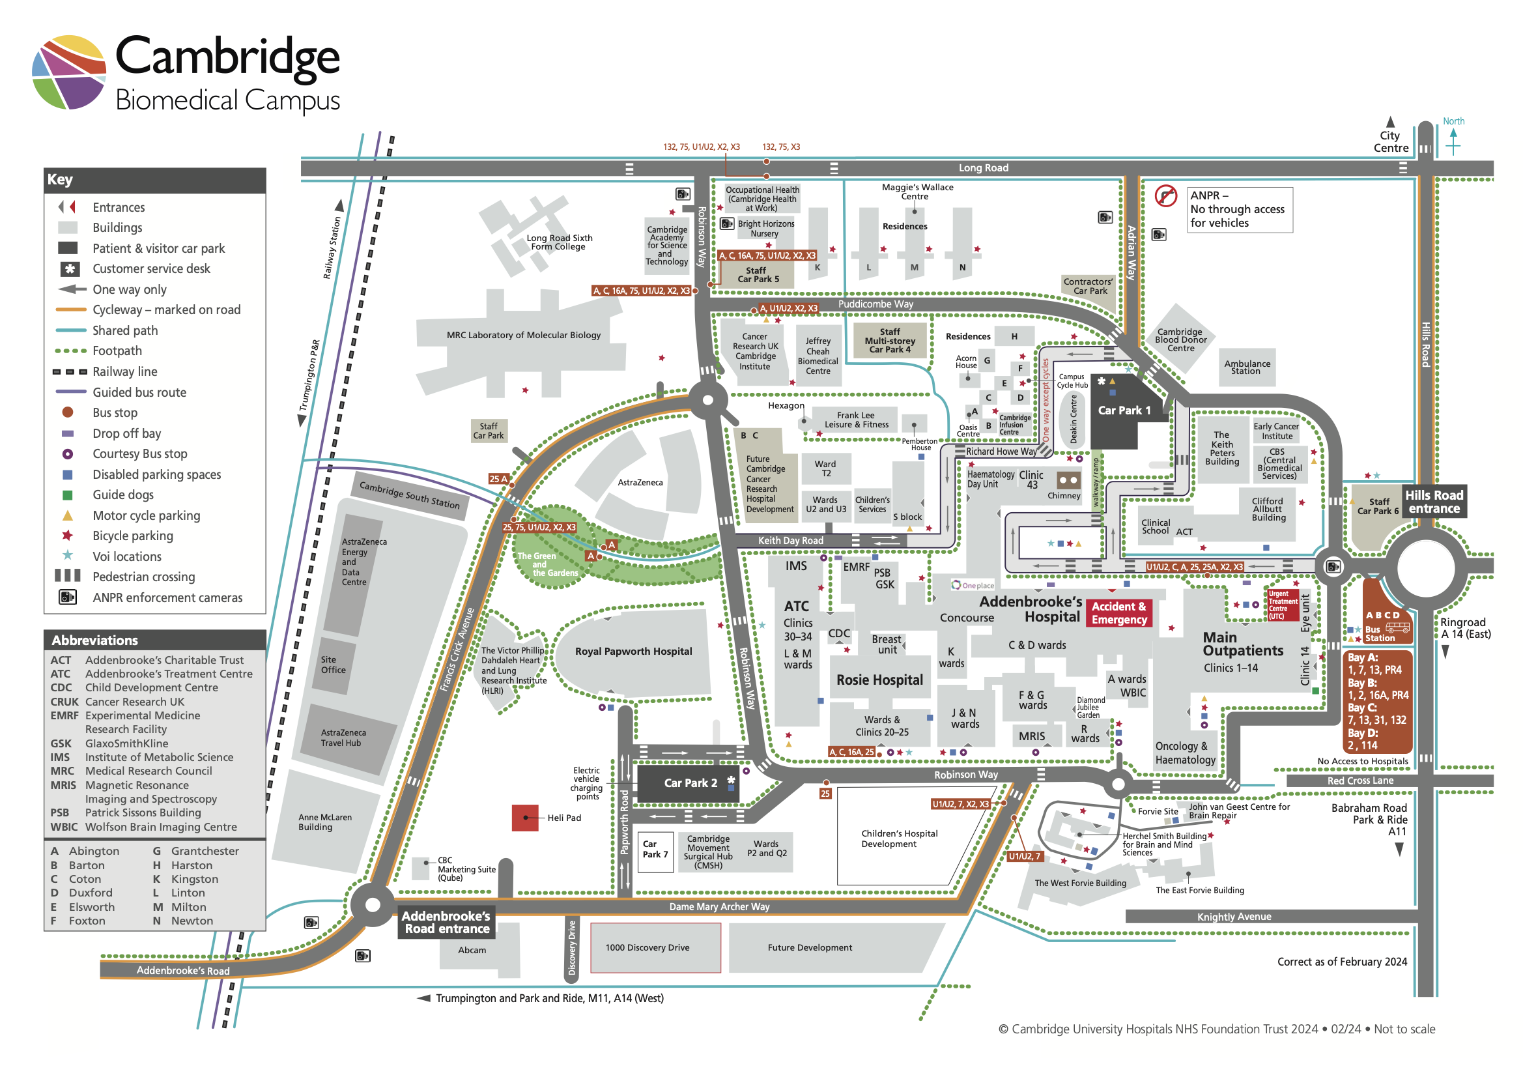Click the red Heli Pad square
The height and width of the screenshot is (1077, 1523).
point(524,818)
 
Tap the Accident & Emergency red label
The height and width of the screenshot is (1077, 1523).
point(1119,612)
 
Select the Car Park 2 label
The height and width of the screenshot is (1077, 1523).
point(690,783)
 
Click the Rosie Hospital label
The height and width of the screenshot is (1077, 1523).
point(879,680)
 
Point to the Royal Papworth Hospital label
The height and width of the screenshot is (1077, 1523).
point(633,651)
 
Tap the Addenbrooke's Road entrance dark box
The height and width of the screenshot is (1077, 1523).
point(446,922)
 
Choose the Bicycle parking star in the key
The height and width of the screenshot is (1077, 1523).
point(67,536)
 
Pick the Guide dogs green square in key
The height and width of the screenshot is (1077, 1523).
point(67,495)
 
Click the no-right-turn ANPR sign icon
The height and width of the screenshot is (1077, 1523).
point(1165,196)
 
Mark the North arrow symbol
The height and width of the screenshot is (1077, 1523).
point(1453,141)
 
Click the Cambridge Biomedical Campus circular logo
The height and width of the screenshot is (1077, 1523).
point(69,72)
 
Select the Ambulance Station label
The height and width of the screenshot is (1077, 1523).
point(1246,367)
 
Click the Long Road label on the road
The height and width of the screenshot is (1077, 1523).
point(982,168)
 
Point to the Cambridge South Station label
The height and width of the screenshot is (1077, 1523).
point(408,495)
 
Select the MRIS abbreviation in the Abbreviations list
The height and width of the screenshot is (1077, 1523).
point(63,785)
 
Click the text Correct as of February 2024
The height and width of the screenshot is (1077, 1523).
point(1341,962)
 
